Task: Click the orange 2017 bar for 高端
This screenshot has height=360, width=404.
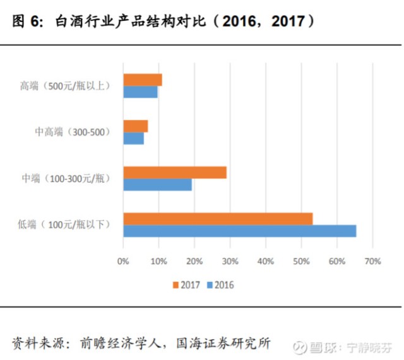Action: coord(143,80)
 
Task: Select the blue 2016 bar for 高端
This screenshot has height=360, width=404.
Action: coord(140,92)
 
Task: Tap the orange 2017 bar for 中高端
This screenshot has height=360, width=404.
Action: coord(136,126)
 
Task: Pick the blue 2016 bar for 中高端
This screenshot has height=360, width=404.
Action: coord(134,138)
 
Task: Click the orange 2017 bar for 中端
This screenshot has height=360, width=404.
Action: coord(175,172)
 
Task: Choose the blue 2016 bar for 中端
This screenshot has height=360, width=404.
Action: coord(157,185)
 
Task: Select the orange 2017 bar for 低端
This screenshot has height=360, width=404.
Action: coord(218,219)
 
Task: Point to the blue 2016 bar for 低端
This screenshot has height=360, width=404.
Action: coord(240,231)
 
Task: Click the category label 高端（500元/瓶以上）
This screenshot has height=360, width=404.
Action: coord(65,86)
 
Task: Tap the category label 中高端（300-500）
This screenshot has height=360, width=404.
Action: coord(73,132)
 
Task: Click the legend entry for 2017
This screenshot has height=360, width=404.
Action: coord(186,285)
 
